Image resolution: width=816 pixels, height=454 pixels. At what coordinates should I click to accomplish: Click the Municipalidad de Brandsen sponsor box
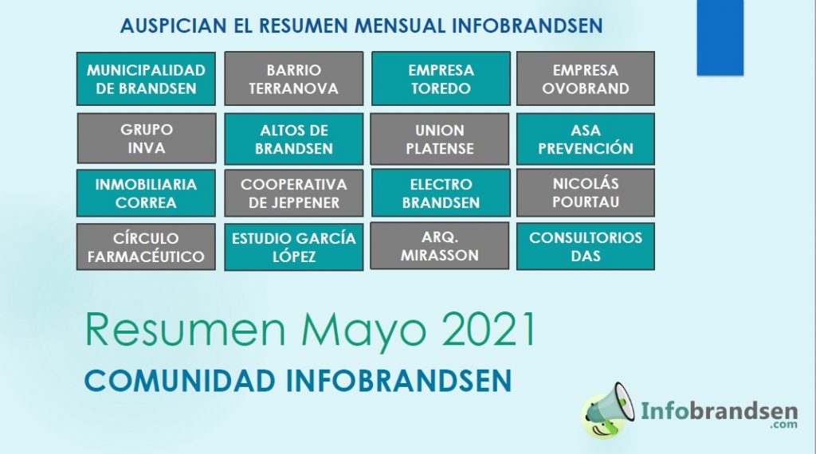(x=146, y=79)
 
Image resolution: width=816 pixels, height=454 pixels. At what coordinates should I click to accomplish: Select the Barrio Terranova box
(x=293, y=79)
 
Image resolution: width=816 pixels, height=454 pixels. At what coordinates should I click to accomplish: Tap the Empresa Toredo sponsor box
(x=441, y=79)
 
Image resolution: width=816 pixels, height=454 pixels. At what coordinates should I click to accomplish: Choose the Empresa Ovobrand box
(x=586, y=79)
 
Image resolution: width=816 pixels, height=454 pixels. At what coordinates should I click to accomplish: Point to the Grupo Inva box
(x=147, y=139)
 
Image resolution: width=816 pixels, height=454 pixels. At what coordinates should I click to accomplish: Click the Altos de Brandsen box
(x=293, y=139)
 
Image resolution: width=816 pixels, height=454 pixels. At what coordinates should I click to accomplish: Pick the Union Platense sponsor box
(x=440, y=139)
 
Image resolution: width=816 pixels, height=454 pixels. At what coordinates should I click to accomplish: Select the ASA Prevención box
(x=586, y=139)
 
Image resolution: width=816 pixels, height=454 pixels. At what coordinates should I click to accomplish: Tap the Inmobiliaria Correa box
(x=146, y=193)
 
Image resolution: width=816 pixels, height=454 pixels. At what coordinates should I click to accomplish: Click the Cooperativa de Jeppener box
(x=293, y=193)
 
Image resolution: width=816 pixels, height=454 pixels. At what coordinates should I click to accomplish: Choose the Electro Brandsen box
(x=441, y=193)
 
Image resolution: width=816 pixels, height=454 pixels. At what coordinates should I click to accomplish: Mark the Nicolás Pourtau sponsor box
(x=586, y=193)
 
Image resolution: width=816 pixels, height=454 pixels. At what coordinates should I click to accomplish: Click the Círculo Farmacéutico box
(x=146, y=247)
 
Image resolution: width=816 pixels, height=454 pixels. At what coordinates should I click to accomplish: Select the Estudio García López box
(x=293, y=247)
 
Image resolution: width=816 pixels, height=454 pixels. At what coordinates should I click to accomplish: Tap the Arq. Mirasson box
(x=440, y=246)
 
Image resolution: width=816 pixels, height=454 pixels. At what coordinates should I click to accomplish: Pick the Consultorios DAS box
(x=586, y=246)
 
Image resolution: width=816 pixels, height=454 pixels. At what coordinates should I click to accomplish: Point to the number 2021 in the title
(x=488, y=330)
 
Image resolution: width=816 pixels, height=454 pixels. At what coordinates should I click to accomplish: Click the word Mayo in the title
(x=363, y=332)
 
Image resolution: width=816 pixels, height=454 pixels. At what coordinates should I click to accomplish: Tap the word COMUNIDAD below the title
(x=179, y=381)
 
